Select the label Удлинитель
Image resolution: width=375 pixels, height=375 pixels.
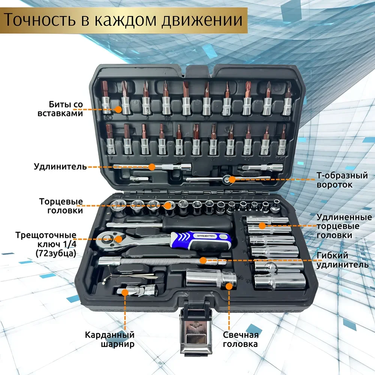pos(60,166)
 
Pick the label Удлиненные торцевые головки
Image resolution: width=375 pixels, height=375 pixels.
pos(344,226)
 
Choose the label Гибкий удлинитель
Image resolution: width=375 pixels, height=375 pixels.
pos(340,260)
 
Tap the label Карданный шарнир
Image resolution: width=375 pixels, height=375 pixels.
pos(109,339)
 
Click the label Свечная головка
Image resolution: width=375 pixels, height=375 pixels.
pos(240,339)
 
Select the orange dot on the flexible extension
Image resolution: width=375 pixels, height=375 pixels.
pos(203,260)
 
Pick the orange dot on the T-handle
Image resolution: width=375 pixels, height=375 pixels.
pos(232,180)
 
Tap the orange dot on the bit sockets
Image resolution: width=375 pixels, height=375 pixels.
pos(118,109)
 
